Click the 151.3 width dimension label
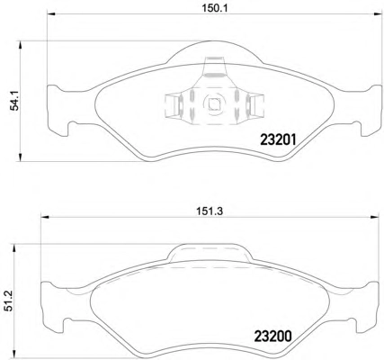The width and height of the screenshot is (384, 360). coord(210,211)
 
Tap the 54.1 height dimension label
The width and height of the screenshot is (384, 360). coord(14,101)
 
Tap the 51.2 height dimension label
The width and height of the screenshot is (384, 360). coord(9,301)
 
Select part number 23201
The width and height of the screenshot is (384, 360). coord(278,139)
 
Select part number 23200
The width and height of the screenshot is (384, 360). coord(272,337)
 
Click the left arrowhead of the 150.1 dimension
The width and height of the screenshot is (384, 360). coord(51,13)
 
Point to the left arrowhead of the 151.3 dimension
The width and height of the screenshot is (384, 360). coord(44,217)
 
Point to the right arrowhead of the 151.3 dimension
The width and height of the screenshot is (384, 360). coord(376,217)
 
